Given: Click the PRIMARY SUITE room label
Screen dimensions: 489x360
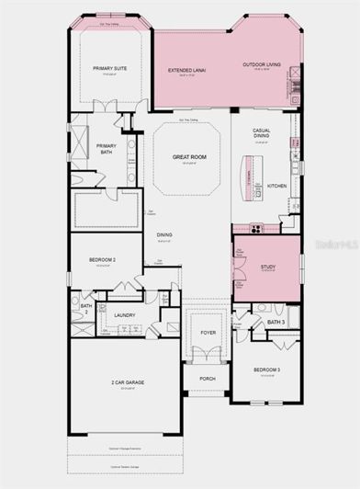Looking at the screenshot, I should click(x=107, y=69).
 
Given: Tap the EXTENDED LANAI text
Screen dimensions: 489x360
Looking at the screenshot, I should click(x=186, y=70).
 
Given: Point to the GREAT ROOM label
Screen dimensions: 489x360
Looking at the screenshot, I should click(x=187, y=157).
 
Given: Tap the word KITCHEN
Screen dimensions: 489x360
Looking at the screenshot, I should click(x=277, y=186).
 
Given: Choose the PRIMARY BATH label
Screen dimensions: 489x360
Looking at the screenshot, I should click(x=107, y=148).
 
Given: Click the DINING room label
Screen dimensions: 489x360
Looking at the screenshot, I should click(x=163, y=235).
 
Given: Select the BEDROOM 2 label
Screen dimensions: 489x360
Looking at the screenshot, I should click(x=101, y=260).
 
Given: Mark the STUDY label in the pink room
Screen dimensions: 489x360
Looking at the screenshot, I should click(x=267, y=267).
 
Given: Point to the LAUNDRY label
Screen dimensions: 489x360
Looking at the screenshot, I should click(x=125, y=315).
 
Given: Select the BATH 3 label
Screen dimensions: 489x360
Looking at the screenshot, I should click(x=276, y=322).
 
